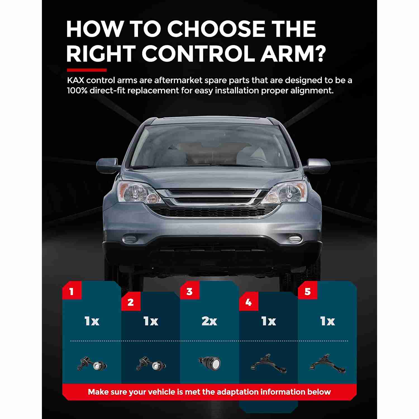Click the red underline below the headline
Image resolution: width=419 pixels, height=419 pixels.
point(87,70)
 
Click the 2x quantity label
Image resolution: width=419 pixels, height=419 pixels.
point(209,321)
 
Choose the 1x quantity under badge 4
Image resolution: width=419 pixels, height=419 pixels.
point(269,321)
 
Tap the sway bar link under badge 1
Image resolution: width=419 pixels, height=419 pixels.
point(92,364)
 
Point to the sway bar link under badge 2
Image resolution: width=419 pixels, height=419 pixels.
point(151,364)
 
